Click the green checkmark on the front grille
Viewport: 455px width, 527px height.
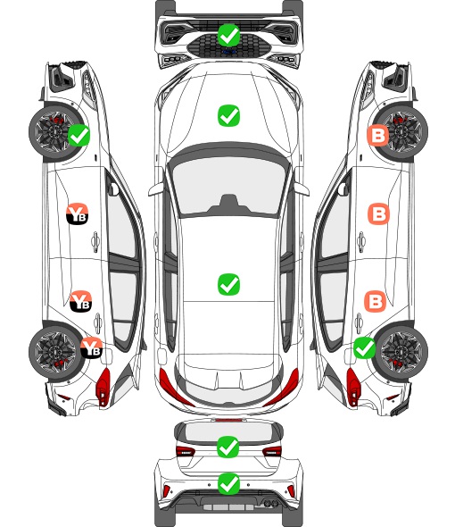pyautogui.click(x=228, y=35)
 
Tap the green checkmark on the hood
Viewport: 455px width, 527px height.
pyautogui.click(x=228, y=115)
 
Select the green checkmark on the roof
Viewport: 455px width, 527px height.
pyautogui.click(x=228, y=284)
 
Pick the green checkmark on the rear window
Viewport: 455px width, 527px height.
pyautogui.click(x=228, y=447)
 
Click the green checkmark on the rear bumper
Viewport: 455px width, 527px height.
pyautogui.click(x=228, y=484)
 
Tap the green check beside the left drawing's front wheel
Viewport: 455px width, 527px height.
pyautogui.click(x=79, y=135)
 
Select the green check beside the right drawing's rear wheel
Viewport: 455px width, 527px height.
pyautogui.click(x=364, y=347)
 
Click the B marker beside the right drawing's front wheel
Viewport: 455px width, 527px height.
pyautogui.click(x=378, y=136)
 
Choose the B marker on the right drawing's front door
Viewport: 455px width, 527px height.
pyautogui.click(x=379, y=213)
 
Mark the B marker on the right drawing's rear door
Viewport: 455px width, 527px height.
pyautogui.click(x=376, y=302)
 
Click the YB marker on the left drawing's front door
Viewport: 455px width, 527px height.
pyautogui.click(x=78, y=213)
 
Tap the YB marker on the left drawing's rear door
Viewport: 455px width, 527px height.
pyautogui.click(x=80, y=301)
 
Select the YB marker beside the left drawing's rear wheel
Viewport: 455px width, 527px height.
pyautogui.click(x=91, y=347)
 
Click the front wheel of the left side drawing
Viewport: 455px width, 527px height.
pyautogui.click(x=54, y=132)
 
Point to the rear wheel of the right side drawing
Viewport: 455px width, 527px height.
pyautogui.click(x=401, y=351)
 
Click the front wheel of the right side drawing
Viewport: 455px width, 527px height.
pyautogui.click(x=401, y=132)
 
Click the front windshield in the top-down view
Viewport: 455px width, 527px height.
pyautogui.click(x=228, y=187)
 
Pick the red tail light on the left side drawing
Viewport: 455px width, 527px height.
pyautogui.click(x=103, y=387)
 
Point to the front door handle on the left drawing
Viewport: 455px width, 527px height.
pyautogui.click(x=95, y=241)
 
